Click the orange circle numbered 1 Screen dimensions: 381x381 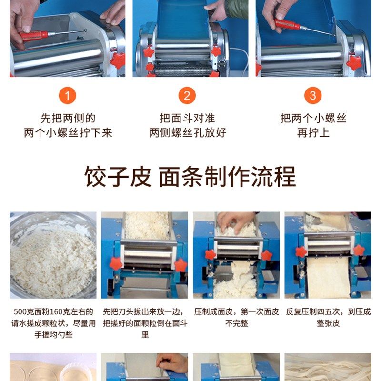[67, 96]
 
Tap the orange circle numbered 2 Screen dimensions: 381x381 [187, 96]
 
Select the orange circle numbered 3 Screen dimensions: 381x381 [313, 96]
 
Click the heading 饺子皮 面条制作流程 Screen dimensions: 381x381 [190, 177]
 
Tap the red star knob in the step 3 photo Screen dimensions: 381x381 [354, 62]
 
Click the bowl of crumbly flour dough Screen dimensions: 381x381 [52, 255]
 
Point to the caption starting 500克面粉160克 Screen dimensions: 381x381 [52, 312]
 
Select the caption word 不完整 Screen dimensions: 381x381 [236, 323]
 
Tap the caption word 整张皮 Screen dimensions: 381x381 [328, 323]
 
